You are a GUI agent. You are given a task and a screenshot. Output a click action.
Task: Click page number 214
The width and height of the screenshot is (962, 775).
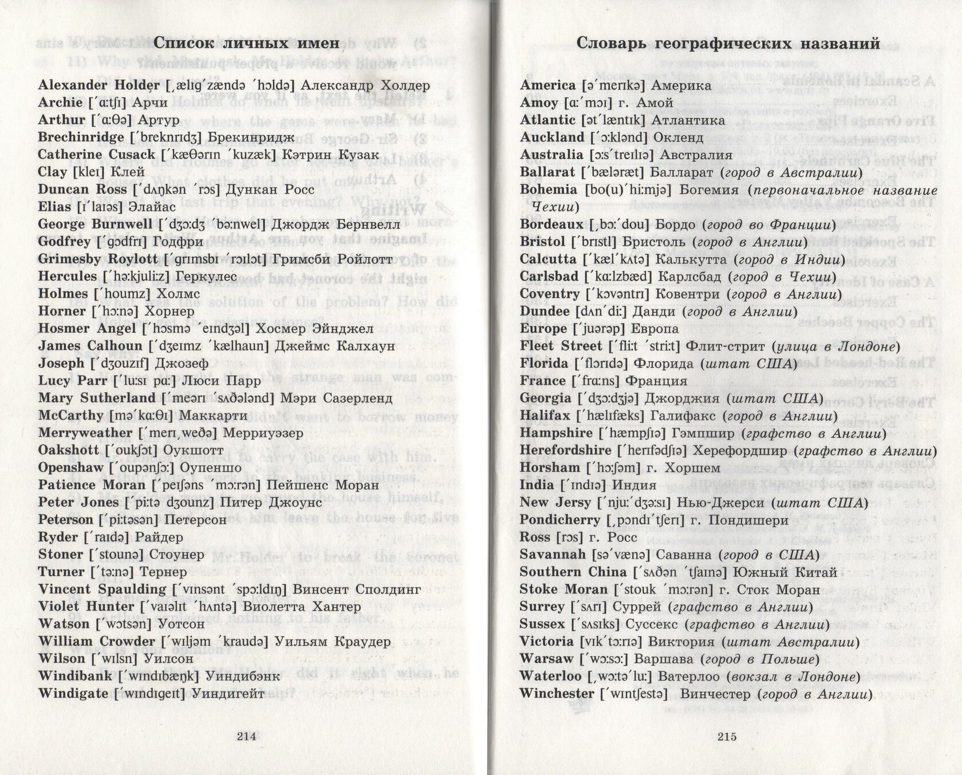pos(246,737)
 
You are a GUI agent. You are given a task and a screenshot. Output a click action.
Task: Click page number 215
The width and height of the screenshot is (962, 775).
pos(727,737)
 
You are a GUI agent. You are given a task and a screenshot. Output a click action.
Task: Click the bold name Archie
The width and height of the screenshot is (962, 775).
pos(60,103)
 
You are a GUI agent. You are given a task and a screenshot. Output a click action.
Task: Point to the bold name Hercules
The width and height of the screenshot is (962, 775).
pos(68,277)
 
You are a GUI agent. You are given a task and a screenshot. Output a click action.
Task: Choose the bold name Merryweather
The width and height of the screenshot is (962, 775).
pos(82,433)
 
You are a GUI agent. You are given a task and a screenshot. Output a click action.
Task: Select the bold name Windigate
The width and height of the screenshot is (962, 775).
pos(73,694)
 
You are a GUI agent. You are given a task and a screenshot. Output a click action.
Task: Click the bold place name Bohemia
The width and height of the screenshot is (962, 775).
pos(549,190)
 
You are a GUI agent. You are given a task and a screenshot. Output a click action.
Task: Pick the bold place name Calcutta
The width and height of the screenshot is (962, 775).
pos(548,259)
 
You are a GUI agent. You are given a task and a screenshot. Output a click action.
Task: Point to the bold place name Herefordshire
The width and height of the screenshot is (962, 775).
pos(565,450)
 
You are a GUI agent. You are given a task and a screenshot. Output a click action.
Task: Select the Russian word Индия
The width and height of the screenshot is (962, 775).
pos(634,485)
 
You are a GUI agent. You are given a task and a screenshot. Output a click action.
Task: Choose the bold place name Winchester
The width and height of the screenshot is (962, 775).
pos(557,694)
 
